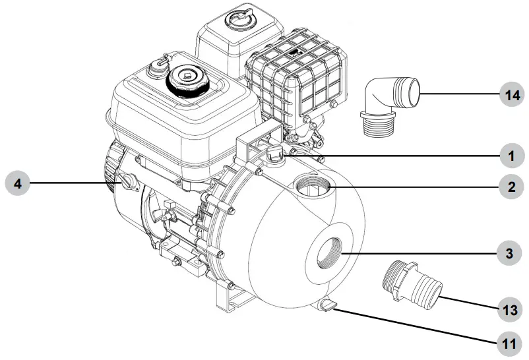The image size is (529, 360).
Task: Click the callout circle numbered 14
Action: tap(511, 95)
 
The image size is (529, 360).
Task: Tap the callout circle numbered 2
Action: tap(511, 187)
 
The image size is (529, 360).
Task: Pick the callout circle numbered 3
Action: tap(511, 253)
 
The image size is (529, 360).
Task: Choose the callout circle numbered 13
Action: tap(511, 308)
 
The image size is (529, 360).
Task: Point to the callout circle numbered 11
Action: tap(511, 342)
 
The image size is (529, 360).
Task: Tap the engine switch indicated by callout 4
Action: tap(125, 181)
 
